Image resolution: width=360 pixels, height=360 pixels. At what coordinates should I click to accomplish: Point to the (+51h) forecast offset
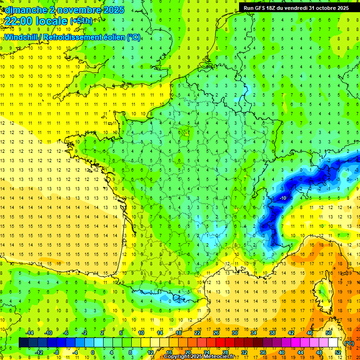coord(81,21)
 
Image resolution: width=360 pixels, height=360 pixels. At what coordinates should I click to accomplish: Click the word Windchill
coord(22,37)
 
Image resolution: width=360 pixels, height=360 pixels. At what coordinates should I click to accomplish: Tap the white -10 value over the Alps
coord(283,198)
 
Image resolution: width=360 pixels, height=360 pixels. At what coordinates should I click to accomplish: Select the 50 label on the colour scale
coord(328,332)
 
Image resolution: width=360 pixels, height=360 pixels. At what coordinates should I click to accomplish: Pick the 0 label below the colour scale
coord(93,352)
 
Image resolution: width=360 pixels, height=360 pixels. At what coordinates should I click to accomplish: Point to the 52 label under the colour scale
coord(337,352)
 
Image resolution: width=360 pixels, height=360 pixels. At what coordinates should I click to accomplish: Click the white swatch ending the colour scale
coord(333,343)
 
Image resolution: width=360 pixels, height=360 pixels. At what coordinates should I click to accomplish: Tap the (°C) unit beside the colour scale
coord(349,343)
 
